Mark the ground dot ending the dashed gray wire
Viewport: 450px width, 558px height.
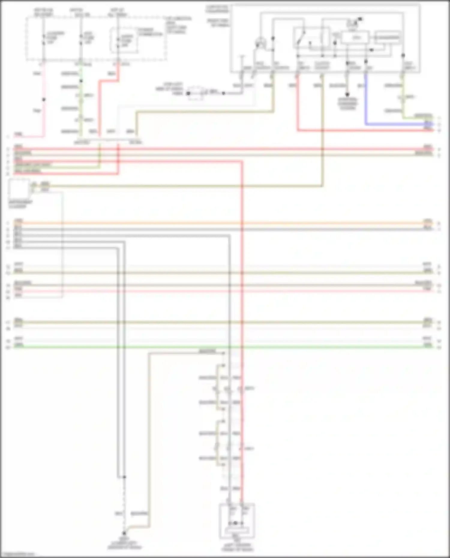[124, 533]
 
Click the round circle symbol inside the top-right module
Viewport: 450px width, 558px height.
[261, 43]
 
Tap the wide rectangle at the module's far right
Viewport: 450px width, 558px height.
[388, 37]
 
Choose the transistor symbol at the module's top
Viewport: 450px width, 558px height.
[354, 23]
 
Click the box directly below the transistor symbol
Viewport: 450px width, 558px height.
[355, 38]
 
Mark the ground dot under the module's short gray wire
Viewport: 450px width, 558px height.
[347, 94]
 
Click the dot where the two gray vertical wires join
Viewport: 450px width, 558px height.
[124, 476]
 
